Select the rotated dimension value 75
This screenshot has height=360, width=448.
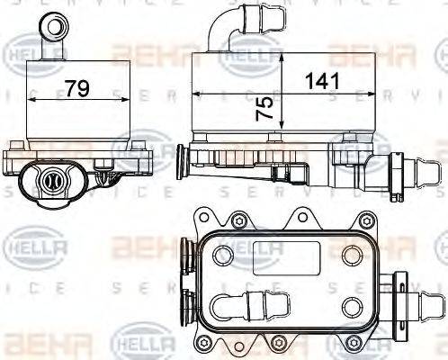(264, 109)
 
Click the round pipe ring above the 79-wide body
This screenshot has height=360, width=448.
(58, 23)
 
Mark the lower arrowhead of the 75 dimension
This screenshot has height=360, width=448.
(282, 127)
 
